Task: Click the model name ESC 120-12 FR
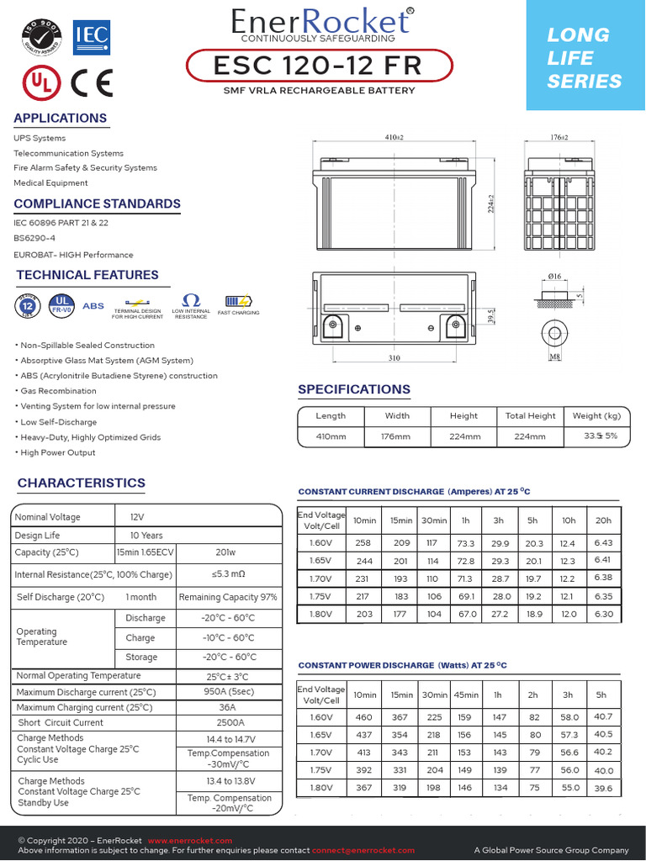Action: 319,66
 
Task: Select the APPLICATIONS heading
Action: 61,119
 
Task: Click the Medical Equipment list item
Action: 50,182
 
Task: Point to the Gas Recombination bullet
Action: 56,391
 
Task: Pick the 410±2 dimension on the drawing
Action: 394,137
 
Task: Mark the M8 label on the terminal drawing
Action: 554,358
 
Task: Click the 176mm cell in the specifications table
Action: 397,436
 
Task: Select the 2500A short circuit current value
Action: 230,722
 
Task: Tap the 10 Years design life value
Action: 146,536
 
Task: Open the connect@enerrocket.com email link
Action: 363,850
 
